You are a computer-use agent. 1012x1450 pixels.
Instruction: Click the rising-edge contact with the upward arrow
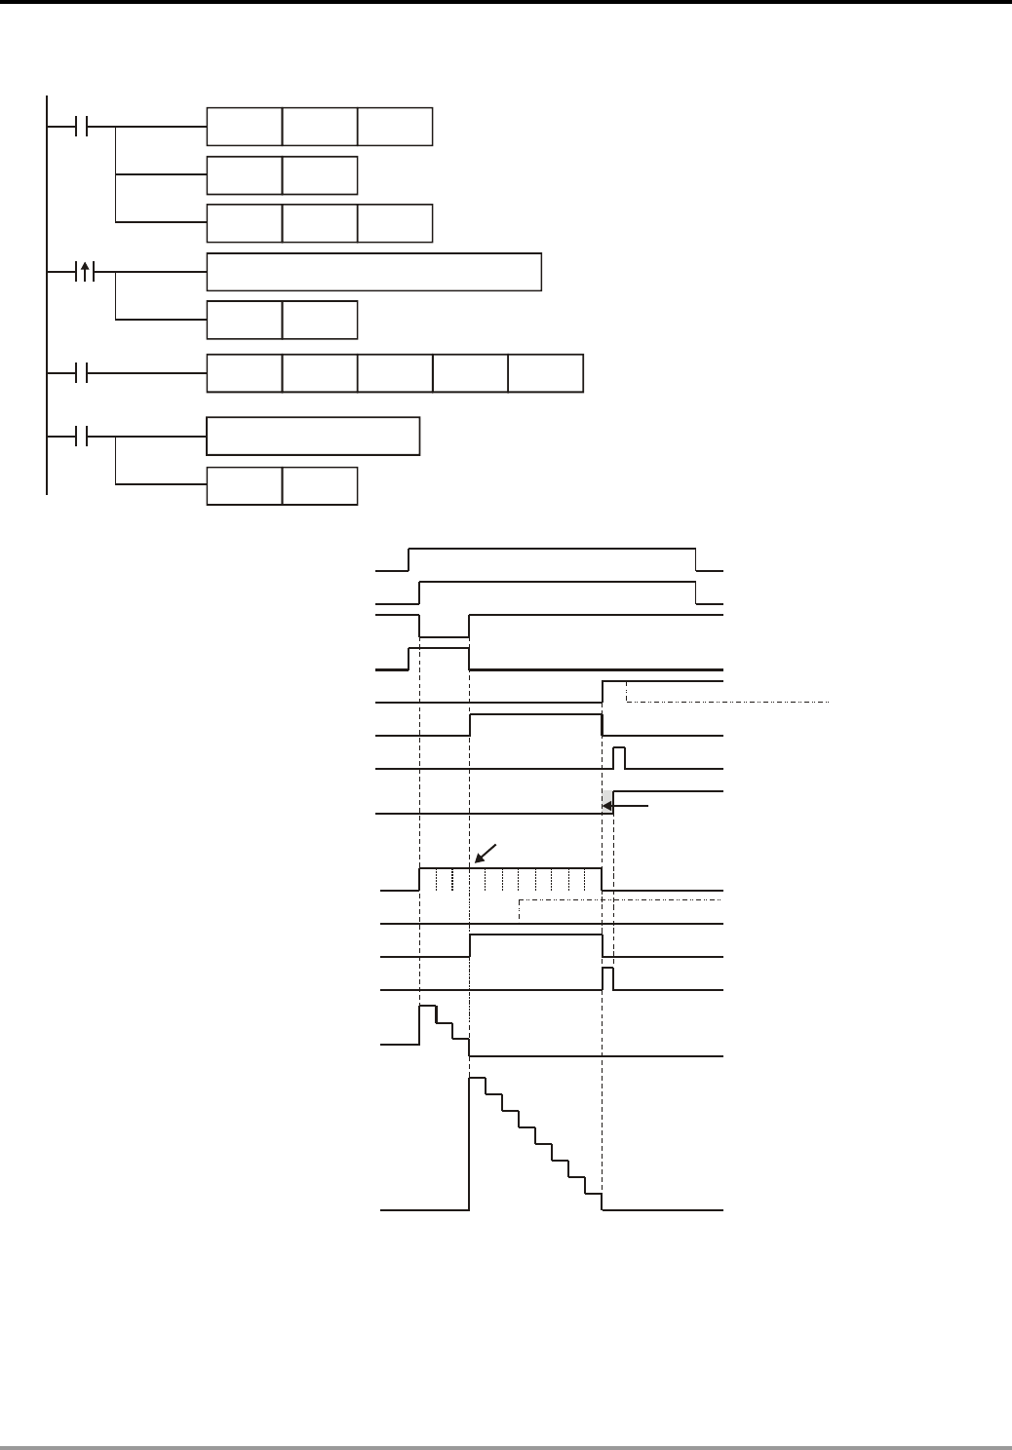tap(85, 272)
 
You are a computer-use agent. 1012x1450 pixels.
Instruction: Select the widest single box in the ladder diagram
tap(373, 272)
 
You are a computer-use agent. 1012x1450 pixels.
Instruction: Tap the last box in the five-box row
tap(546, 373)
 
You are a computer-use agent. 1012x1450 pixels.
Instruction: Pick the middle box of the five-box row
tap(395, 373)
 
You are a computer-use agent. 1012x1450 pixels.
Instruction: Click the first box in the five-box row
tap(245, 373)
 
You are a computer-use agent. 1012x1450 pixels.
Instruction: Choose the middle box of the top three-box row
tap(320, 127)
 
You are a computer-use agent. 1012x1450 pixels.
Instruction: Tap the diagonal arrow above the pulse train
tap(485, 852)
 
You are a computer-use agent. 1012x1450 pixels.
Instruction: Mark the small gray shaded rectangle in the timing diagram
tap(607, 803)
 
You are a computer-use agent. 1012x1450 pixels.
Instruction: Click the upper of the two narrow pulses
tap(618, 758)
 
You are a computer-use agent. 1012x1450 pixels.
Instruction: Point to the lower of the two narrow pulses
tap(607, 978)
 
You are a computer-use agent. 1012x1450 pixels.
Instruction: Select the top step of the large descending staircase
tap(478, 1080)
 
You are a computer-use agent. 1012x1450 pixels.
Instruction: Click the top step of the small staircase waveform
tap(427, 1013)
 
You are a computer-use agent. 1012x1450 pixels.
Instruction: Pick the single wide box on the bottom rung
tap(313, 436)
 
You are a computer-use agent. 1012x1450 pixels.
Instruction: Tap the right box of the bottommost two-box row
tap(320, 486)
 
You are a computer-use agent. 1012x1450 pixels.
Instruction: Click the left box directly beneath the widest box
tap(245, 320)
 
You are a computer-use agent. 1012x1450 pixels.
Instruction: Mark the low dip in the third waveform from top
tap(444, 635)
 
